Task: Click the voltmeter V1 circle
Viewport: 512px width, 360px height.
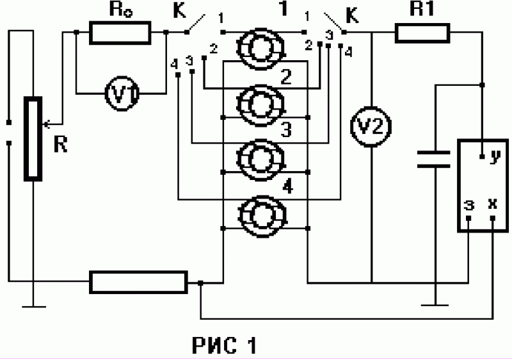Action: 122,94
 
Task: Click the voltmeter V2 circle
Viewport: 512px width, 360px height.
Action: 371,126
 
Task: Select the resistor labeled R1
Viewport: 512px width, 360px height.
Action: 422,33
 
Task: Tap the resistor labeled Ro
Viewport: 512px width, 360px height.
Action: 120,33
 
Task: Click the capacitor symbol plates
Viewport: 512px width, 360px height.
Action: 434,159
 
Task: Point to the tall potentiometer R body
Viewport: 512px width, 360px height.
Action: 33,138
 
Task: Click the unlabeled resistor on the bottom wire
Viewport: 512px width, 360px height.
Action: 138,282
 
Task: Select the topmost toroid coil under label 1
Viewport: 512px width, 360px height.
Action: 261,48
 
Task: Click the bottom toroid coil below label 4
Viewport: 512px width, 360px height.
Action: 262,216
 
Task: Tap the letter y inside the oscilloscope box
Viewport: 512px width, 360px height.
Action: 495,156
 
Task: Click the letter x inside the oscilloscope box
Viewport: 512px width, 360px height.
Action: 492,204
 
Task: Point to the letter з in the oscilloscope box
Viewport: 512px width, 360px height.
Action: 469,205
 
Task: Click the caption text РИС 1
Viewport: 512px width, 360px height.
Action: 224,345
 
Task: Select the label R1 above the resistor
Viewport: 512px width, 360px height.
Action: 422,9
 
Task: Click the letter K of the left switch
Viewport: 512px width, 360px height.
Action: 179,12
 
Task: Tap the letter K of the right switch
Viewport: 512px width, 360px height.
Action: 352,15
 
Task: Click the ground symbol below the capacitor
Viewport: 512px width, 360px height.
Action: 435,305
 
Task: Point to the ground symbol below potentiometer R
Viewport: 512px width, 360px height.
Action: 34,307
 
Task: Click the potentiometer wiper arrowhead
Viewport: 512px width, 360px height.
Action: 46,124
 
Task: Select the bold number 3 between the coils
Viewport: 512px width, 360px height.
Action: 286,129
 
